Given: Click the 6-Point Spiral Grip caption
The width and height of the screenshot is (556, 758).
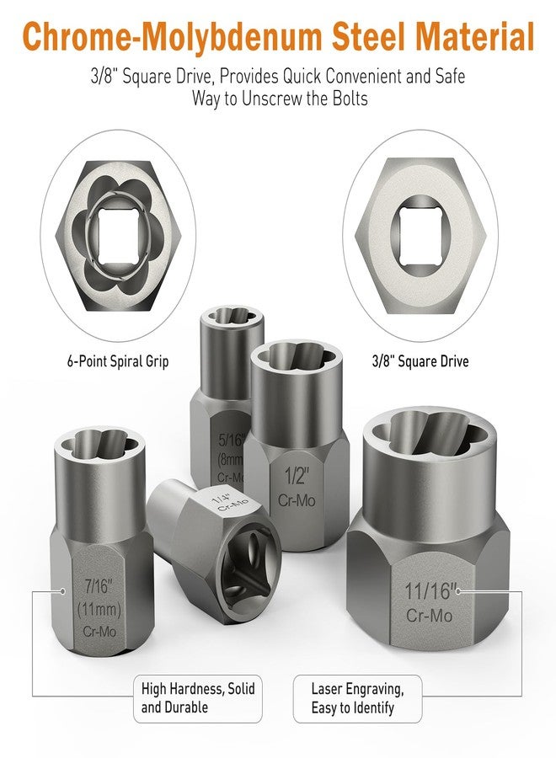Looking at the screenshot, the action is pyautogui.click(x=117, y=361).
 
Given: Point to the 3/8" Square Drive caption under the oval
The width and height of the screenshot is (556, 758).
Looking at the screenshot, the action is pyautogui.click(x=420, y=361).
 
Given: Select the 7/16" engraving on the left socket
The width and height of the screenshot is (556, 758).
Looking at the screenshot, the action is pyautogui.click(x=99, y=587).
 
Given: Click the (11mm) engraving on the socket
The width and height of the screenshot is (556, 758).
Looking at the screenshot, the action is pyautogui.click(x=99, y=609).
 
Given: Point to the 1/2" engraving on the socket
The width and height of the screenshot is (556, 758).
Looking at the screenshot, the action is pyautogui.click(x=296, y=476).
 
